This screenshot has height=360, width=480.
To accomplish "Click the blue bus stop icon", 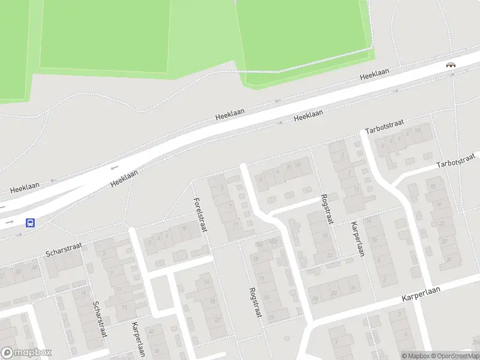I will [x=30, y=223].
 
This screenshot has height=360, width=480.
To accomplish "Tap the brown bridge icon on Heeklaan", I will [x=450, y=65].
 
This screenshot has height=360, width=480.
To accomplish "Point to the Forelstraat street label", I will [x=200, y=215].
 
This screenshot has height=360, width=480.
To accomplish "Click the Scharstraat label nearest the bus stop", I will [x=63, y=250].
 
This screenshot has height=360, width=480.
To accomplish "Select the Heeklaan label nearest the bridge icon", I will [x=374, y=74].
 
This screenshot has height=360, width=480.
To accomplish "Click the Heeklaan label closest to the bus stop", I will [x=25, y=187].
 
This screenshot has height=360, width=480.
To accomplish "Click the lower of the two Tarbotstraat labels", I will [x=455, y=161].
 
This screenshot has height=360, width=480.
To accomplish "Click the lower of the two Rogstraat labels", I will [x=256, y=305].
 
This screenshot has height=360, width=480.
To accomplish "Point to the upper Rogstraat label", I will [x=327, y=209].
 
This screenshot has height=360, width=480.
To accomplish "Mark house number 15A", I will [x=259, y=244].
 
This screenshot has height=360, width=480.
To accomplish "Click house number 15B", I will [x=274, y=242].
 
